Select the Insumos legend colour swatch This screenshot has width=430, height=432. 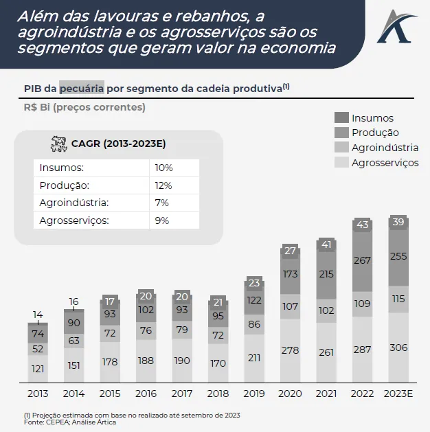click(341, 117)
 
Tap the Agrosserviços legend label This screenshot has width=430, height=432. click(385, 163)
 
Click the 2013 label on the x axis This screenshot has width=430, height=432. click(38, 394)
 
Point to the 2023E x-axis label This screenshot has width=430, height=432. click(398, 394)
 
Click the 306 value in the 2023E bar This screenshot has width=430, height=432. click(399, 348)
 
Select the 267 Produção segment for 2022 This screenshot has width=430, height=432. click(362, 260)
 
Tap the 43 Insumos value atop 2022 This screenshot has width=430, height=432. click(362, 225)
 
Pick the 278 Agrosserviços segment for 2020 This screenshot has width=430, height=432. click(290, 350)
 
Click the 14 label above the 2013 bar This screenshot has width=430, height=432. click(38, 315)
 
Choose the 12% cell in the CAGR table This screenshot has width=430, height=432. click(163, 185)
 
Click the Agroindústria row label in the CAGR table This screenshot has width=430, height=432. click(75, 203)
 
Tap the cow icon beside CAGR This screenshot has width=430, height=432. click(58, 144)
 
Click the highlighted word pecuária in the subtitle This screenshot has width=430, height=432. click(82, 88)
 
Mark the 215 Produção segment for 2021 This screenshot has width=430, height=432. click(326, 274)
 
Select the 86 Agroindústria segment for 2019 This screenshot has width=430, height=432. click(254, 324)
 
